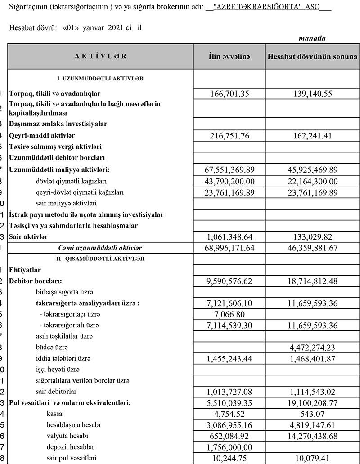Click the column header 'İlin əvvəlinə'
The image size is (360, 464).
[229, 57]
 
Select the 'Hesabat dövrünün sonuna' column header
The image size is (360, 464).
[312, 57]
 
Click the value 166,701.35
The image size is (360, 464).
[229, 94]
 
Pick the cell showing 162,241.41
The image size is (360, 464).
[312, 135]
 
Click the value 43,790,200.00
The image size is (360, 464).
[229, 181]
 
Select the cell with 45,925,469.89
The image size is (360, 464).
[312, 170]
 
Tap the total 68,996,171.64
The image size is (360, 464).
[229, 248]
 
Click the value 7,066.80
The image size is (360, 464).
[229, 313]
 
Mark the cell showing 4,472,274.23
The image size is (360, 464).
[312, 347]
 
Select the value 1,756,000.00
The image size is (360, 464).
[229, 446]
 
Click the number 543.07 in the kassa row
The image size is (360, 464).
[312, 413]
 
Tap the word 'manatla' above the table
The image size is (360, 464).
[312, 39]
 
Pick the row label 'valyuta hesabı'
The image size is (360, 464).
[67, 435]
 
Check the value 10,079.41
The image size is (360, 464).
[312, 457]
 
